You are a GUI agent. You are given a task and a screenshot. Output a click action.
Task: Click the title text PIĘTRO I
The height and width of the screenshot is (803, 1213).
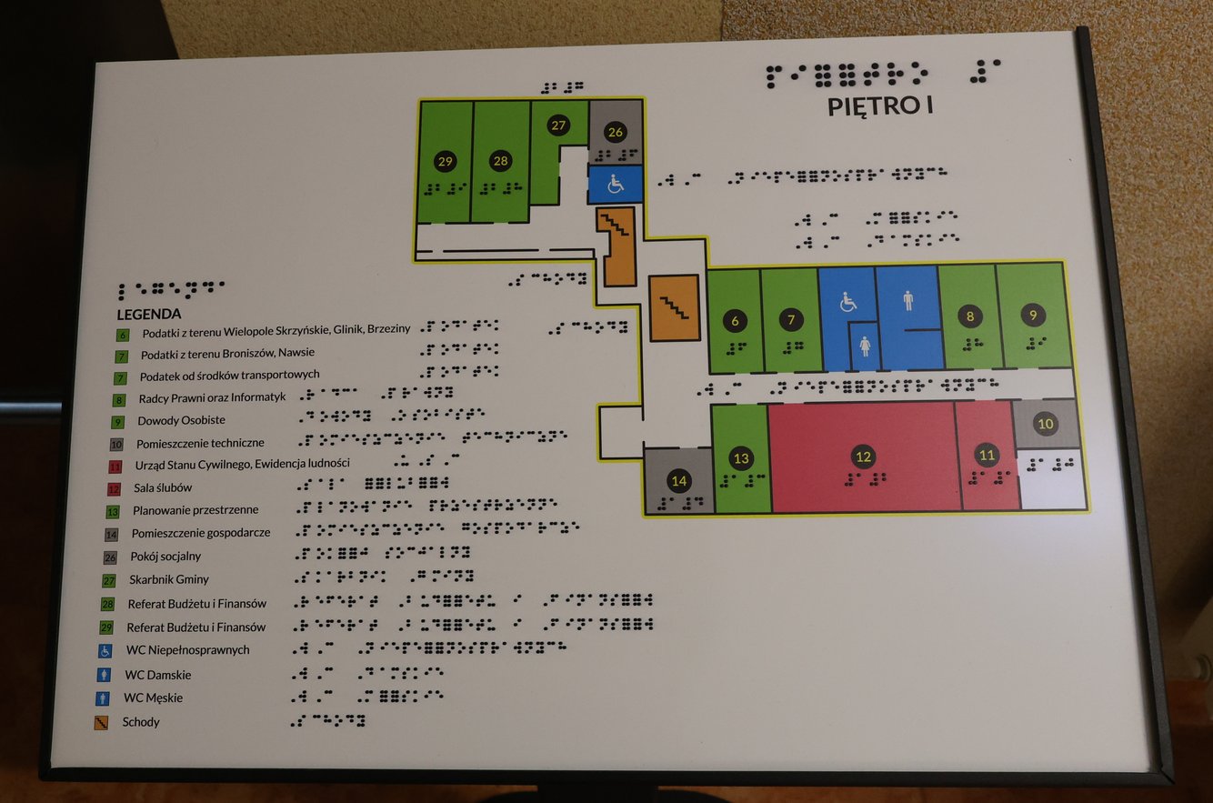(880, 105)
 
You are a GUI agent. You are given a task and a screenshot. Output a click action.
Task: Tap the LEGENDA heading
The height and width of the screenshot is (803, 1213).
(155, 314)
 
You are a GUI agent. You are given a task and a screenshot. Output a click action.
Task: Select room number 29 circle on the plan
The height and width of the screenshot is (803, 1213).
(445, 161)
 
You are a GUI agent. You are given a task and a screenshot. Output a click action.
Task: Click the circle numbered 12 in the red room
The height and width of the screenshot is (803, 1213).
(863, 457)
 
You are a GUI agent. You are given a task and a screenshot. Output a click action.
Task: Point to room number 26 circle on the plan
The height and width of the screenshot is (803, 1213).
(616, 132)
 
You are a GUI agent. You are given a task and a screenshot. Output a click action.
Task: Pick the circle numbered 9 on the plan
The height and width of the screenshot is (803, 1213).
(1033, 315)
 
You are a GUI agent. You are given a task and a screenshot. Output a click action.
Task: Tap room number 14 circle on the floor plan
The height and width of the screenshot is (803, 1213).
(678, 480)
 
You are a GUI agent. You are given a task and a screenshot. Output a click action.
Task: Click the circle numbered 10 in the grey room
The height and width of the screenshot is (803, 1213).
(1046, 423)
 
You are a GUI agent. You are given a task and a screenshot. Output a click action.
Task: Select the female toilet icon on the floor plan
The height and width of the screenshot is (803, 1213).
(864, 346)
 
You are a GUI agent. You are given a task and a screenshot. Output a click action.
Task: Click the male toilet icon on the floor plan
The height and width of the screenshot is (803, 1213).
(908, 301)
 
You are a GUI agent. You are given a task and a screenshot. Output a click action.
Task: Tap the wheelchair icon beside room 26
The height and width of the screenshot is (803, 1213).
(616, 185)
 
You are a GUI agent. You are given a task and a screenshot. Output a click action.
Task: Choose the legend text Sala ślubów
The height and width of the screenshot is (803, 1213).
(163, 488)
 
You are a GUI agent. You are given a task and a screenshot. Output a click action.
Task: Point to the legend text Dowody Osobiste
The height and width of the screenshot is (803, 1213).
(181, 421)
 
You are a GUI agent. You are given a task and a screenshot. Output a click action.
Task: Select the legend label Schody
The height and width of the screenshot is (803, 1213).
(141, 722)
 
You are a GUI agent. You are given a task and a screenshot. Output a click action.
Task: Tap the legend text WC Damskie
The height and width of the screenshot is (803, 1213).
(157, 675)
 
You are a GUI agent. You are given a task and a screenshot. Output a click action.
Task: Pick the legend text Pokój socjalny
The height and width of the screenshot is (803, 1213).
(165, 557)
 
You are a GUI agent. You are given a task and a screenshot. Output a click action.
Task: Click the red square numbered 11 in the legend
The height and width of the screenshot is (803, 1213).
(115, 467)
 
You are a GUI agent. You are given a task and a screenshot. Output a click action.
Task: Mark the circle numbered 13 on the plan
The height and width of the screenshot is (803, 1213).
(741, 458)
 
